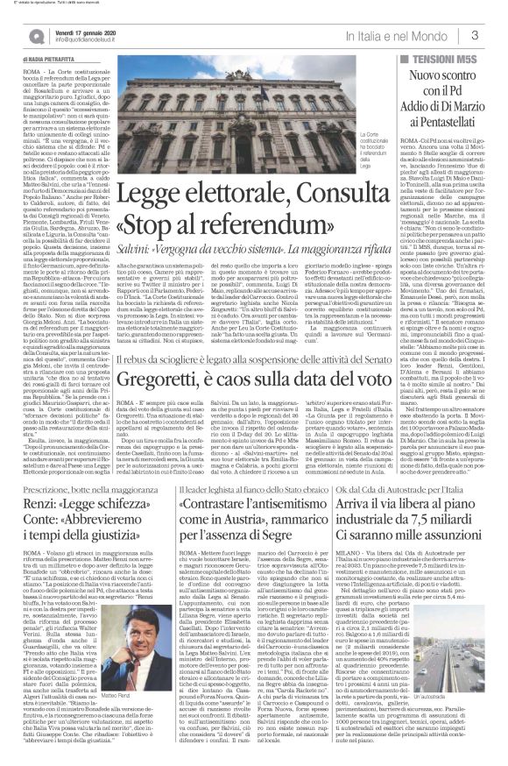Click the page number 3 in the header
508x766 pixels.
tap(496, 35)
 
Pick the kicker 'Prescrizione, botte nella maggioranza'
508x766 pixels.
tap(70, 464)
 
